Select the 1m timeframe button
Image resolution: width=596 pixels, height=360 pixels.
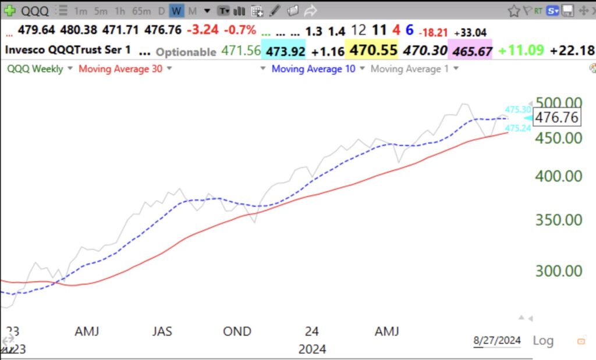(81, 11)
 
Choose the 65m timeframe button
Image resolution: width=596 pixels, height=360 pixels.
(141, 11)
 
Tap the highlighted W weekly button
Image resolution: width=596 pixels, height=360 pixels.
(176, 11)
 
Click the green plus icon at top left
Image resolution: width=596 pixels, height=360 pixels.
(10, 11)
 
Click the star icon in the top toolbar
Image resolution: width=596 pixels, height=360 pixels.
(513, 11)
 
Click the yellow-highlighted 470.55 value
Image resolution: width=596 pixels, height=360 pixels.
(372, 51)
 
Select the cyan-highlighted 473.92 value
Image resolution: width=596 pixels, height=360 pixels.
(285, 51)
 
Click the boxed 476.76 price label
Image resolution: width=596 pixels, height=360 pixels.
(556, 117)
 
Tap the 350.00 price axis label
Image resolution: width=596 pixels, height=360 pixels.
(558, 219)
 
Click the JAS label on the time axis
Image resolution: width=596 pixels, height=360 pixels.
(162, 331)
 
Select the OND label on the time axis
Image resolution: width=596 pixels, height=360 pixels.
(237, 331)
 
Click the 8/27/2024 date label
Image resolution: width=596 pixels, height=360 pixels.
(497, 340)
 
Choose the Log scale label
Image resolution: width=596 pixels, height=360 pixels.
(542, 340)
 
